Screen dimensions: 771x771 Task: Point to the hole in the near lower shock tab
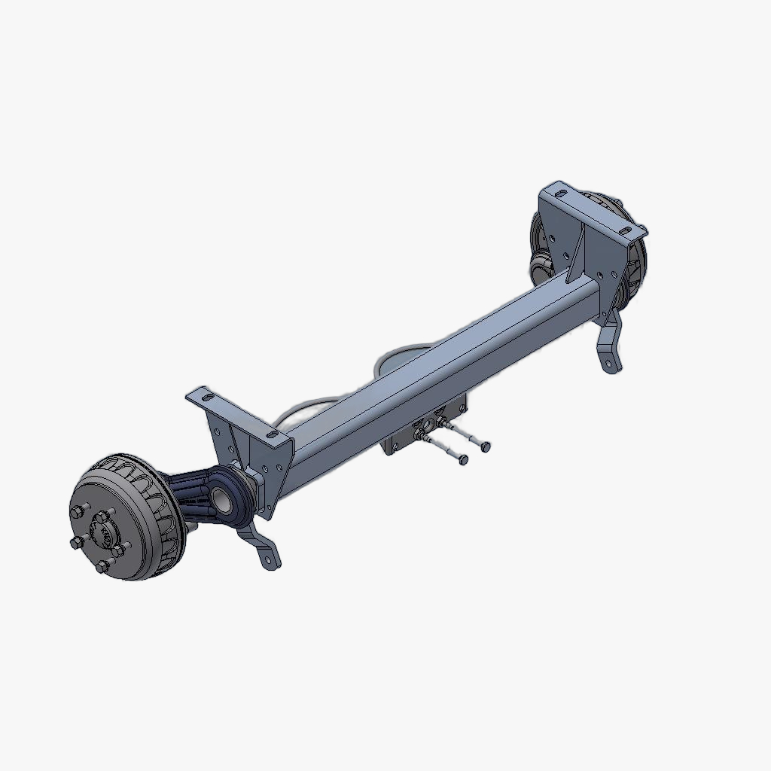coord(267,558)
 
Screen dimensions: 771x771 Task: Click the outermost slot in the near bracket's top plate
coord(201,395)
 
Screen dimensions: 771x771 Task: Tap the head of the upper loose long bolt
coord(485,446)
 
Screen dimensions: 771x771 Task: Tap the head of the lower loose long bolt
coord(463,459)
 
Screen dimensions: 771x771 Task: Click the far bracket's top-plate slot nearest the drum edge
coord(625,229)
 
